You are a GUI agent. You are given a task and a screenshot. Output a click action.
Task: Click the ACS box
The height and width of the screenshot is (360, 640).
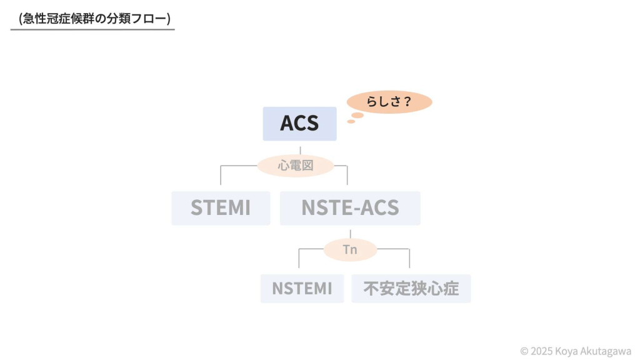[x=299, y=124]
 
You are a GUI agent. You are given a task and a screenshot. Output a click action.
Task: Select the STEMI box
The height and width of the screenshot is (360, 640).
[x=221, y=208]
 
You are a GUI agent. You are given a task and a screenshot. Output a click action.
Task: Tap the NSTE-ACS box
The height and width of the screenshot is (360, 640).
[x=350, y=208]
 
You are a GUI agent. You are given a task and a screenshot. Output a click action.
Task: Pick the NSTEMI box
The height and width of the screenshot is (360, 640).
[x=302, y=288]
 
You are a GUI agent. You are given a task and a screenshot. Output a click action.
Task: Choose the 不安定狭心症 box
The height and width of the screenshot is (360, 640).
[x=411, y=288]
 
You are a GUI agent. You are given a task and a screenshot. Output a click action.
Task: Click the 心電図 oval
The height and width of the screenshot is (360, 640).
[x=296, y=166]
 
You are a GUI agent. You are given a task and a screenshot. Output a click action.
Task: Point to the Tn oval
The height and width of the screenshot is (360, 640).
[x=350, y=250]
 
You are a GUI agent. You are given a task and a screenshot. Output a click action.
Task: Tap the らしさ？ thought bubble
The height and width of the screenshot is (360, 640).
[x=389, y=102]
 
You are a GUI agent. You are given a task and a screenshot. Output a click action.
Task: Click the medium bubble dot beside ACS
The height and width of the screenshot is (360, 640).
[x=357, y=115]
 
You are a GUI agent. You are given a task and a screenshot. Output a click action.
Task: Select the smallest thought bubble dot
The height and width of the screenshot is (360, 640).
[x=351, y=121]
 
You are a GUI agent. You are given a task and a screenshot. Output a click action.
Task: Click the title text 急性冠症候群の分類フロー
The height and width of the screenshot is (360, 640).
[x=94, y=19]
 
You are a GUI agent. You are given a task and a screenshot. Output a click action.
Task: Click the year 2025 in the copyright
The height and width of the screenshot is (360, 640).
[x=543, y=351]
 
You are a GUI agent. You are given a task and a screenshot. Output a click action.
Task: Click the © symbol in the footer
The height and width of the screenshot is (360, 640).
[x=524, y=351]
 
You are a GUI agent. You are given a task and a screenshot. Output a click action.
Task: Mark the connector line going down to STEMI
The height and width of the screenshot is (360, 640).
[x=221, y=176]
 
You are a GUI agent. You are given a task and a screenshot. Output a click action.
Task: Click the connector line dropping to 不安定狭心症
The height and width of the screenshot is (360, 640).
[x=409, y=259]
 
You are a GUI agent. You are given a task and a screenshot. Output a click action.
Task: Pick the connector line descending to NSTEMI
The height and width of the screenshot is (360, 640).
[x=299, y=259]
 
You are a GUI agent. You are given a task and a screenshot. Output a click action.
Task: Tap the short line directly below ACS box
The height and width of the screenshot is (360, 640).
[x=300, y=149]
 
